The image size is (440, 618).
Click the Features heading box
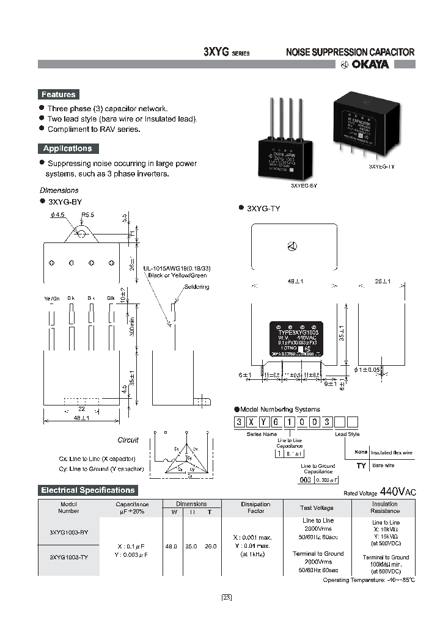59,95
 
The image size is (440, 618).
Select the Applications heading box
67,148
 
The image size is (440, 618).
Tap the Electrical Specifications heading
87,490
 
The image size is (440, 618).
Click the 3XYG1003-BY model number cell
68,531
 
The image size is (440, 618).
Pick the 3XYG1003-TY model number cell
68,558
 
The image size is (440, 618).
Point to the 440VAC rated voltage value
398,492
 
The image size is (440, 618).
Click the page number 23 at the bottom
226,597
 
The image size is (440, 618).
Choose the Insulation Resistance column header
384,507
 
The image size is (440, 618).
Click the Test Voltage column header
317,507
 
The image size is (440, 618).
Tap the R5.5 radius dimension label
88,214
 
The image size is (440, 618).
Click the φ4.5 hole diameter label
59,214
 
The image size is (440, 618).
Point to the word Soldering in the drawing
196,286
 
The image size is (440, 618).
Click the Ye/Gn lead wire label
52,298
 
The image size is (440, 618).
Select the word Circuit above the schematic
128,440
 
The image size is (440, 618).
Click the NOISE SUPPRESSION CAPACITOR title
350,53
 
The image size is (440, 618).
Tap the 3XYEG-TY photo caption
382,166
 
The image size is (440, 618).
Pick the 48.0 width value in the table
172,546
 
